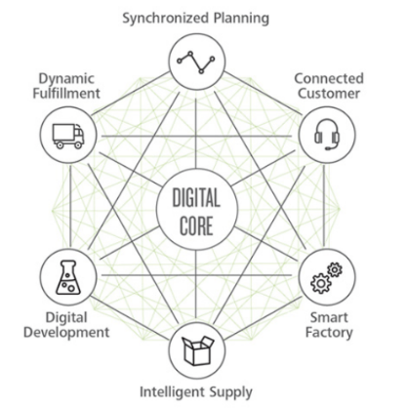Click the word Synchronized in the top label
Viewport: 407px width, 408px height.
click(x=166, y=19)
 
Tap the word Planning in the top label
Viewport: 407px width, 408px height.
click(x=241, y=19)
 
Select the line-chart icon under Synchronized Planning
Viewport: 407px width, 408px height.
click(x=196, y=62)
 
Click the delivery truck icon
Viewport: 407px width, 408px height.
click(x=68, y=136)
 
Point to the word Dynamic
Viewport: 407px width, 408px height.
click(x=66, y=80)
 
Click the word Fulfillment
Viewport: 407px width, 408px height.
click(x=66, y=94)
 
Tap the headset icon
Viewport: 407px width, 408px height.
click(x=327, y=135)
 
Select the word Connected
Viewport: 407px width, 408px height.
click(x=329, y=79)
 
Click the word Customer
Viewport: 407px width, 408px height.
click(x=329, y=94)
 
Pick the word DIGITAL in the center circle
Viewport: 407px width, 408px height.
click(x=196, y=198)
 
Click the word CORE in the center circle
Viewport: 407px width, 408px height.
click(x=196, y=225)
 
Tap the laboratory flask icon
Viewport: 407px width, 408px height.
click(x=68, y=277)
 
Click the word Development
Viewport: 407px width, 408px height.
click(x=66, y=333)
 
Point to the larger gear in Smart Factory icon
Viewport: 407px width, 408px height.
click(x=321, y=284)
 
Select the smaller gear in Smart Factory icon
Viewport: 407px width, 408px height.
click(x=335, y=269)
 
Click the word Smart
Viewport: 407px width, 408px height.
click(x=329, y=317)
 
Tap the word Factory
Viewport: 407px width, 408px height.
click(x=329, y=333)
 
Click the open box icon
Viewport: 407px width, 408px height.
click(x=197, y=350)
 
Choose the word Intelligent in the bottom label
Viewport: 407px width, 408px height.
click(x=172, y=391)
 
